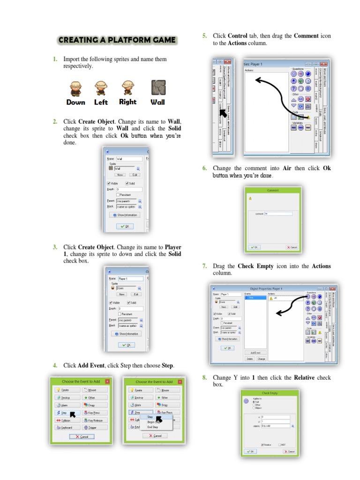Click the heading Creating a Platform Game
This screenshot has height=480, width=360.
click(x=117, y=40)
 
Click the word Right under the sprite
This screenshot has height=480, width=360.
click(x=127, y=102)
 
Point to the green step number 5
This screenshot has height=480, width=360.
click(x=204, y=36)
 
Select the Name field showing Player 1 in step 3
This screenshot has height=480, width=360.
click(x=130, y=278)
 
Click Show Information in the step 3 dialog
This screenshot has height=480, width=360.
click(x=127, y=334)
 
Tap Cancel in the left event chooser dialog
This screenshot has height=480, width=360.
click(x=82, y=436)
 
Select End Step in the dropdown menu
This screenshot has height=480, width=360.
click(x=153, y=427)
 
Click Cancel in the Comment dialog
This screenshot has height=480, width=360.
click(x=292, y=247)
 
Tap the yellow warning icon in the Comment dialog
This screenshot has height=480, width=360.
click(x=250, y=198)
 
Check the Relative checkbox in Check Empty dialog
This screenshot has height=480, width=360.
click(x=262, y=445)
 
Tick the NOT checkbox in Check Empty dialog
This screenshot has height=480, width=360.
click(x=280, y=445)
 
